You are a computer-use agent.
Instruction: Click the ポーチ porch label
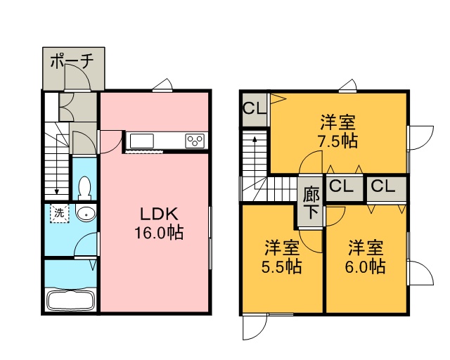[72, 61]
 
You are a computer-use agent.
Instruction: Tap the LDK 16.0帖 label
[159, 223]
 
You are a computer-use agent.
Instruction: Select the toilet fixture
[84, 188]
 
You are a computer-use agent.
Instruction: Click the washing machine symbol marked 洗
[60, 213]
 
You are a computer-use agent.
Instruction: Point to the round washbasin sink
[86, 214]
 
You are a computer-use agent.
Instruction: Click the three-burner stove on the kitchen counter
[195, 141]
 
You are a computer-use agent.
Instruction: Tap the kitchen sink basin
[142, 141]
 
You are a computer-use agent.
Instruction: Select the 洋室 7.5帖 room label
[338, 131]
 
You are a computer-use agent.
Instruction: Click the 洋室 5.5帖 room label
[282, 257]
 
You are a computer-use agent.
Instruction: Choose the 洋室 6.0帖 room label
[366, 257]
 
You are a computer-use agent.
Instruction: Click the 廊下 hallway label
[311, 202]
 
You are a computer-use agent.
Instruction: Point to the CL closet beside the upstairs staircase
[255, 108]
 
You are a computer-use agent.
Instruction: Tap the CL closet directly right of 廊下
[342, 186]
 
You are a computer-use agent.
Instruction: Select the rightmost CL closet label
[383, 186]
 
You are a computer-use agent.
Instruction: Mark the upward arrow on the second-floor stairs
[255, 162]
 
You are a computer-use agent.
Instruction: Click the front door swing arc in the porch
[77, 77]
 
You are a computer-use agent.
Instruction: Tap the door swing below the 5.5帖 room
[255, 327]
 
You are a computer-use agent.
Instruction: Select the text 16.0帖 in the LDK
[159, 232]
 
